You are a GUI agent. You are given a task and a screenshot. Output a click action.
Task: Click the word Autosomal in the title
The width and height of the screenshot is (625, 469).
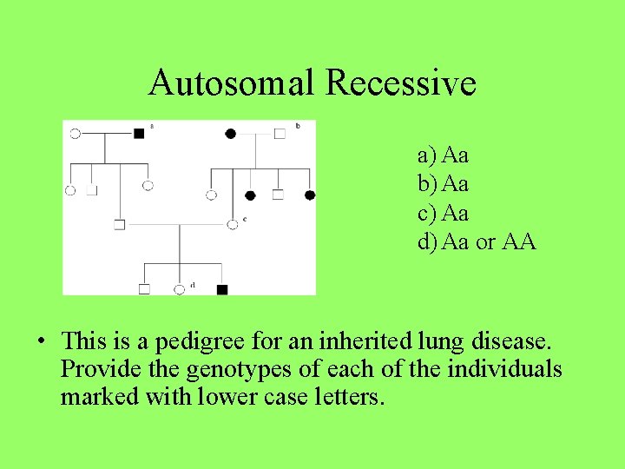coord(232,83)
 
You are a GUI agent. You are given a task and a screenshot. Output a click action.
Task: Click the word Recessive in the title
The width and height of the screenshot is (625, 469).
coord(400,83)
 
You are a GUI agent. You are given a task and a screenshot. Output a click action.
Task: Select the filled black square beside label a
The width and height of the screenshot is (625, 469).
coord(139,133)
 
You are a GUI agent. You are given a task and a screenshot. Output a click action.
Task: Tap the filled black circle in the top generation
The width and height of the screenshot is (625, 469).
coord(230,133)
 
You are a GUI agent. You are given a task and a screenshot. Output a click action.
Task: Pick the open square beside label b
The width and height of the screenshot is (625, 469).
coord(280,133)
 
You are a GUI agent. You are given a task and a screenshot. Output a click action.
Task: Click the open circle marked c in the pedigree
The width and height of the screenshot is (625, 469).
coord(232,224)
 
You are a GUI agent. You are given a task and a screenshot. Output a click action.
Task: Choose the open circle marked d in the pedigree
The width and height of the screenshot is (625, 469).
coord(180,288)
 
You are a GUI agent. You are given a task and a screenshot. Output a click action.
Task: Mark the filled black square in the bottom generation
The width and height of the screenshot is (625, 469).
coord(222,288)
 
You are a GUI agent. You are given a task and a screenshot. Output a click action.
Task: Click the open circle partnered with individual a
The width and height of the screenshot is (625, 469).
coord(75,133)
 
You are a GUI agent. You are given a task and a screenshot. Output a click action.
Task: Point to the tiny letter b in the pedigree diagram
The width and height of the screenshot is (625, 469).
coord(298,126)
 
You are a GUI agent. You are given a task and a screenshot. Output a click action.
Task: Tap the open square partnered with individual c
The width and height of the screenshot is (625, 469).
coord(119,224)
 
